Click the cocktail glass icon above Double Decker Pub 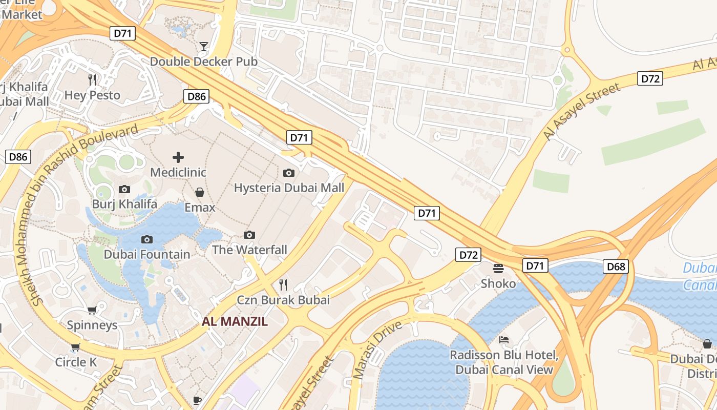(x=204, y=47)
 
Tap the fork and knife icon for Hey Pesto (x=92, y=80)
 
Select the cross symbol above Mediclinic (x=178, y=157)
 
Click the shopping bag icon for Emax (x=200, y=192)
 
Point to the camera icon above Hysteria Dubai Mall (x=289, y=173)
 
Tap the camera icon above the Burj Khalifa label (x=124, y=189)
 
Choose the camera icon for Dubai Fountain (x=147, y=239)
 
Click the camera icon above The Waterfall (x=249, y=235)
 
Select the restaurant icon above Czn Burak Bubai (x=283, y=284)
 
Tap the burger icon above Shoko (x=498, y=268)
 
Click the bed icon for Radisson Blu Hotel (x=504, y=340)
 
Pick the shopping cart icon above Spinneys (x=92, y=310)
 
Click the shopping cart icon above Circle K (x=76, y=347)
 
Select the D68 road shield (x=616, y=266)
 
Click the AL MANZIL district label (x=235, y=322)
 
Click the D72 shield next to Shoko (x=468, y=255)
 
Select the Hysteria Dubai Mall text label (x=289, y=188)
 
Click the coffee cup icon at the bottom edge (x=197, y=400)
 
